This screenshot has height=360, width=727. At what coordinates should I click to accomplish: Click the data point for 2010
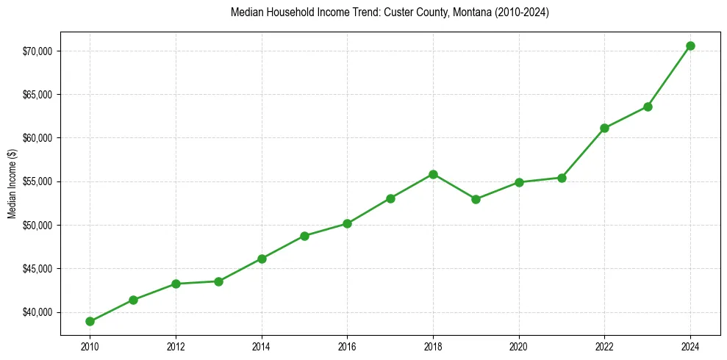(x=90, y=321)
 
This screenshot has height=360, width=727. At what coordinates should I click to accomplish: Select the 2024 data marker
(x=690, y=46)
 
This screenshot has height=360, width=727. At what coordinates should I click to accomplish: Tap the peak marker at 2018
(x=433, y=174)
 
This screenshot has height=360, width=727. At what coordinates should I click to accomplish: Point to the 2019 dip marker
(x=476, y=199)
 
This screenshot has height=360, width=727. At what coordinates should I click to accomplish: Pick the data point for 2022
(x=604, y=128)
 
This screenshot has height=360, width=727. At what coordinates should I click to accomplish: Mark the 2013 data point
(x=218, y=281)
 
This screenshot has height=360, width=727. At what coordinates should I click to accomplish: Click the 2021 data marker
(x=562, y=178)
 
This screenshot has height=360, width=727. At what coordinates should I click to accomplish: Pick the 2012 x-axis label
(x=176, y=346)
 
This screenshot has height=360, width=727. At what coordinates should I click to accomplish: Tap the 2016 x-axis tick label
(x=347, y=346)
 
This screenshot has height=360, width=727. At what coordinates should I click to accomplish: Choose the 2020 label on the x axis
(x=519, y=346)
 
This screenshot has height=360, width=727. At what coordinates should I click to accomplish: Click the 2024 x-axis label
(x=690, y=346)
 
